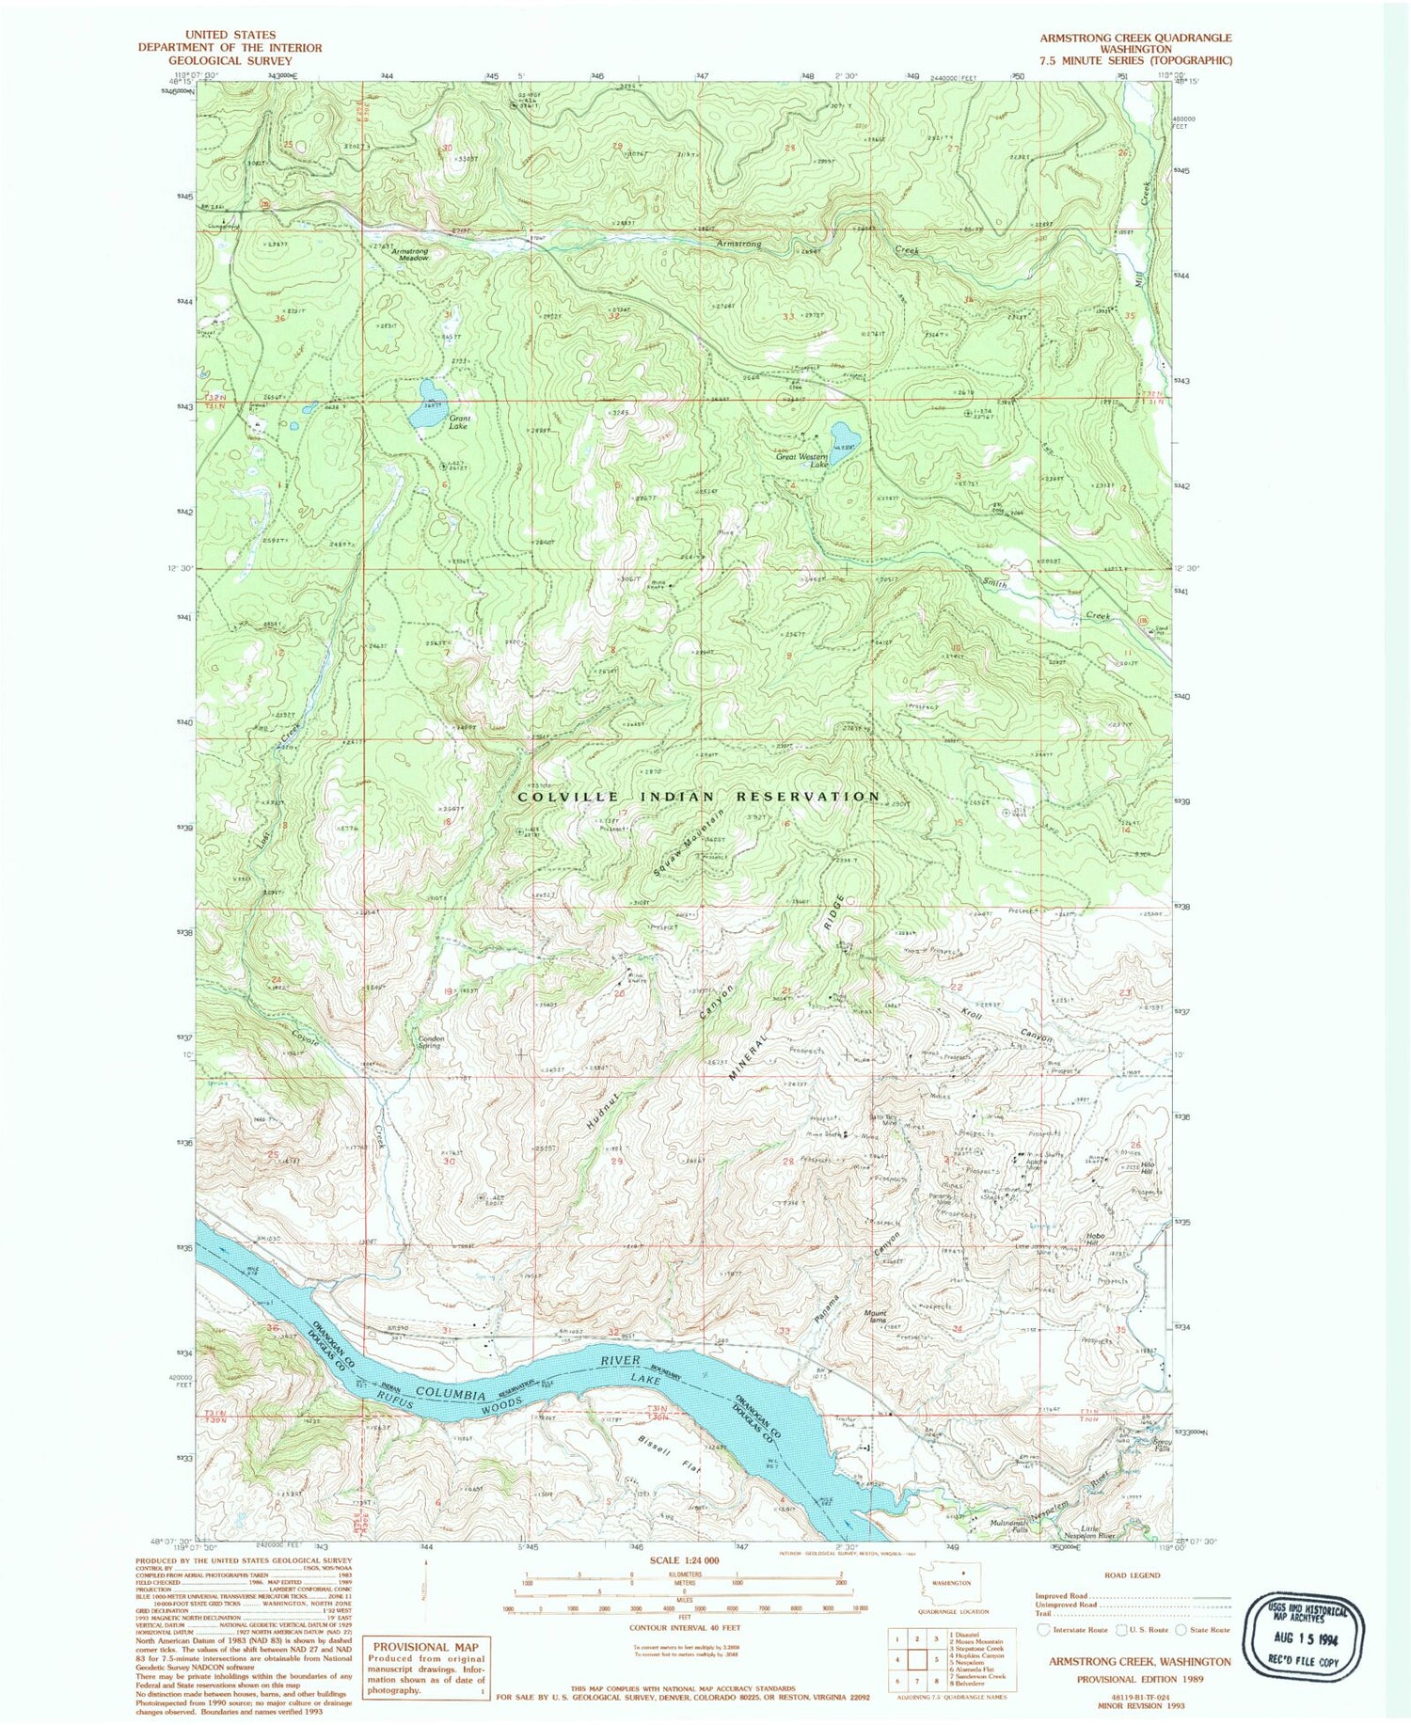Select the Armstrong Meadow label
tap(410, 254)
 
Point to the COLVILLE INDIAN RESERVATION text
tap(699, 796)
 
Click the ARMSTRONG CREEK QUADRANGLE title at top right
tap(1134, 38)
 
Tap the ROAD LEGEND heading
tap(1133, 1575)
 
